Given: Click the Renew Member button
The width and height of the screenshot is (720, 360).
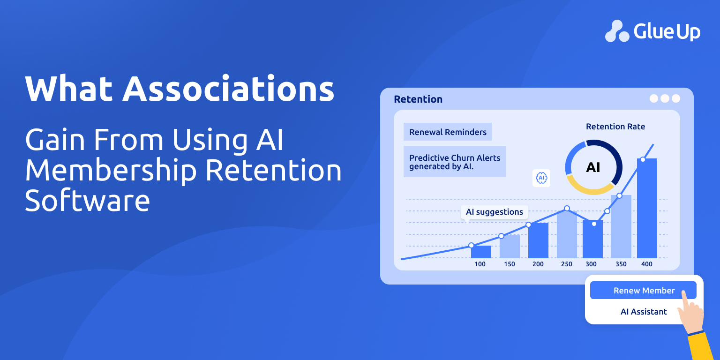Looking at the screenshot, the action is click(643, 290).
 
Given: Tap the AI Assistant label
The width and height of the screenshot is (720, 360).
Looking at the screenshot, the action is click(644, 311).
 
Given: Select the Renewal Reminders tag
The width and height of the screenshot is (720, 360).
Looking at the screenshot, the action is click(448, 132).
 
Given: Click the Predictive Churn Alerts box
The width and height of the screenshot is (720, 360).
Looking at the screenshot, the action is click(455, 162).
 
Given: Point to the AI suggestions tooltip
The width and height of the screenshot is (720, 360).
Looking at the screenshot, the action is click(495, 212).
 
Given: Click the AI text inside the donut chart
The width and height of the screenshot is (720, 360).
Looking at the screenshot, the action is click(593, 167).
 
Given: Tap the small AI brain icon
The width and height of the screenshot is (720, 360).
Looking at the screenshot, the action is click(541, 178).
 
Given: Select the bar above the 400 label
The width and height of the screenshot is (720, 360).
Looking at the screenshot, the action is click(647, 208).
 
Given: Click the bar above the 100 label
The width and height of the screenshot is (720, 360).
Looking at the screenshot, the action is click(481, 252).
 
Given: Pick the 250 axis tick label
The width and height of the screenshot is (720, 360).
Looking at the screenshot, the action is click(566, 264).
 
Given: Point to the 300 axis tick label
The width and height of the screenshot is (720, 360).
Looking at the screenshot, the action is click(591, 264).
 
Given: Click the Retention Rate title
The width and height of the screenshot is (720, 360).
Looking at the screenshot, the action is click(615, 127).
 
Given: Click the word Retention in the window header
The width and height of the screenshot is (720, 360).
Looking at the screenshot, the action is click(418, 99).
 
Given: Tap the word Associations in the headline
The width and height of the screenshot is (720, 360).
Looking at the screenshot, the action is click(229, 89).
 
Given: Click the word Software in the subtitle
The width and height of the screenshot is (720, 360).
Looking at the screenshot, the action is click(88, 201).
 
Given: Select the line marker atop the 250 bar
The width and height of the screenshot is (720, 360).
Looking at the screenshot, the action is click(567, 209).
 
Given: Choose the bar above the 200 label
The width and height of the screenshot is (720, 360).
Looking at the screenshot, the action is click(539, 240).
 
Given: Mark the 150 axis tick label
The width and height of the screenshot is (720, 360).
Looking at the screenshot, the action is click(510, 264).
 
